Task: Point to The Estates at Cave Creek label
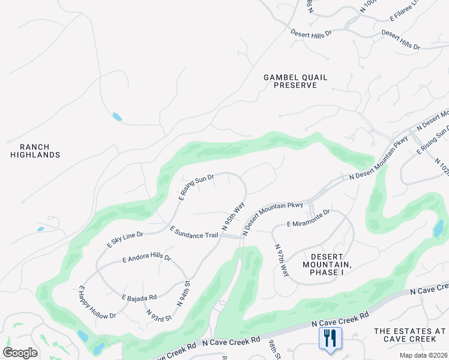tap(410, 335)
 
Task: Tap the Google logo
tap(20, 353)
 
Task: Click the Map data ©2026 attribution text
tap(424, 355)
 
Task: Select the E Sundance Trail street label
tap(194, 232)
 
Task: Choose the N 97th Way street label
tap(282, 260)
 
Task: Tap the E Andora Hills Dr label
tap(146, 259)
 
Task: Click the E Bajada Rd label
tap(139, 297)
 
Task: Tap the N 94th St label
tap(183, 293)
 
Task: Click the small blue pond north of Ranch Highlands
tap(116, 117)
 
